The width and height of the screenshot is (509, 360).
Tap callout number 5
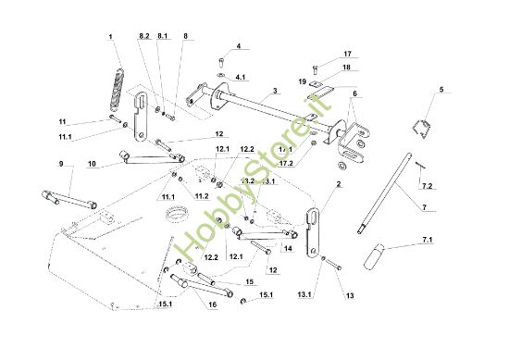[x=441, y=89]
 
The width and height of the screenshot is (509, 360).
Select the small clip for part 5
[x=422, y=128]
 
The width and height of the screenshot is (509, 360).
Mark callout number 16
[x=213, y=304]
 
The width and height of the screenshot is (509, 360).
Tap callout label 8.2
[x=143, y=35]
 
